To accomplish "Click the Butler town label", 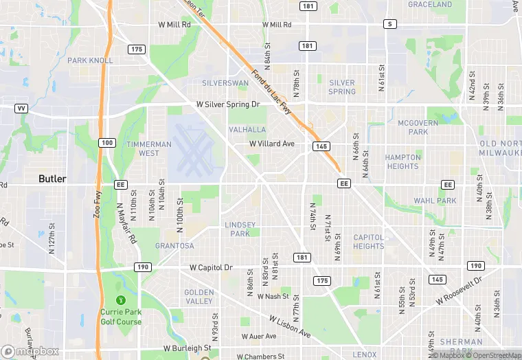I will pyautogui.click(x=52, y=179).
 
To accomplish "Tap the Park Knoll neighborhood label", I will pyautogui.click(x=90, y=60).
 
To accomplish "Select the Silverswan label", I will pyautogui.click(x=225, y=83).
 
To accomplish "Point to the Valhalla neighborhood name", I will pyautogui.click(x=247, y=130).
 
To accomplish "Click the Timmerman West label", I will pyautogui.click(x=148, y=149).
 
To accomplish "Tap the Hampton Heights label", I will pyautogui.click(x=402, y=161).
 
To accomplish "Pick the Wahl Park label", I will pyautogui.click(x=435, y=201).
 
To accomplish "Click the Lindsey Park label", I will pyautogui.click(x=240, y=229).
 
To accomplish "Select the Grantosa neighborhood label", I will pyautogui.click(x=174, y=245).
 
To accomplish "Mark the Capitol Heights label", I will pyautogui.click(x=369, y=242).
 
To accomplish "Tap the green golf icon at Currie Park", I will pyautogui.click(x=121, y=300).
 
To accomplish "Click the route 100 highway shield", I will pyautogui.click(x=106, y=142).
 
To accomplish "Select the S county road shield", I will pyautogui.click(x=390, y=24).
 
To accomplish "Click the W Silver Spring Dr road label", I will pyautogui.click(x=228, y=104).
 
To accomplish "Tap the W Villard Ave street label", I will pyautogui.click(x=271, y=144).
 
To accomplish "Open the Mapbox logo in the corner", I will pyautogui.click(x=30, y=351).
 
